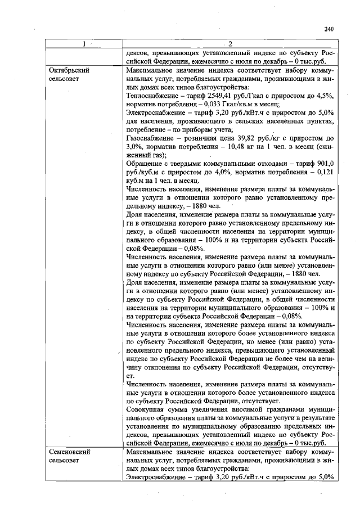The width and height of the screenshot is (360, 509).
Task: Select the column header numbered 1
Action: coord(82,45)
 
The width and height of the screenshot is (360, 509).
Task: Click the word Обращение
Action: coord(145,164)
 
